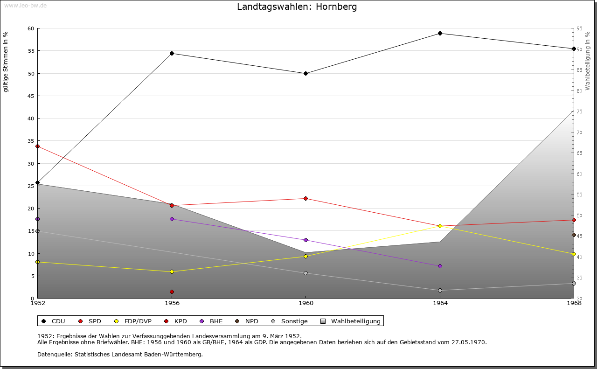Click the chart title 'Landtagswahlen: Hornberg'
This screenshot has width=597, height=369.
coord(297,7)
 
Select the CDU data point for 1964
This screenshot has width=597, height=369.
coord(440,33)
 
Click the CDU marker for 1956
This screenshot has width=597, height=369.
coord(172,53)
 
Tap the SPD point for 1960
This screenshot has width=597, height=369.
coord(305,198)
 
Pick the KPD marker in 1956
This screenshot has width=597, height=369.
coord(172,292)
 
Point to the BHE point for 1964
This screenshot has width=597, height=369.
coord(440,266)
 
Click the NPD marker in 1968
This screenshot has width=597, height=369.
coord(574,235)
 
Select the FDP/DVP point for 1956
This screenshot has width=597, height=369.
coord(172,272)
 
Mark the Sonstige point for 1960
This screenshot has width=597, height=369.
coord(305,273)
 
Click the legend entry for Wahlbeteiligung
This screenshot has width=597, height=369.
coord(355,321)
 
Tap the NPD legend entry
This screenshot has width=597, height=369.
coord(251,321)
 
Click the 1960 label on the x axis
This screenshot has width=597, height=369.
coord(305,303)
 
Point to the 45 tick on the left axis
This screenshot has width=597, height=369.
coord(31,96)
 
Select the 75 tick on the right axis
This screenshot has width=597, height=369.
coord(579,111)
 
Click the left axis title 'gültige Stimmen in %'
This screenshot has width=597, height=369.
coord(6,62)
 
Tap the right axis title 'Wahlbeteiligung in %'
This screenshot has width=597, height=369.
coord(588,61)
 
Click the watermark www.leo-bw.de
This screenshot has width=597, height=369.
coord(25,5)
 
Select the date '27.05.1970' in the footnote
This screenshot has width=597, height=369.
coord(469,342)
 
